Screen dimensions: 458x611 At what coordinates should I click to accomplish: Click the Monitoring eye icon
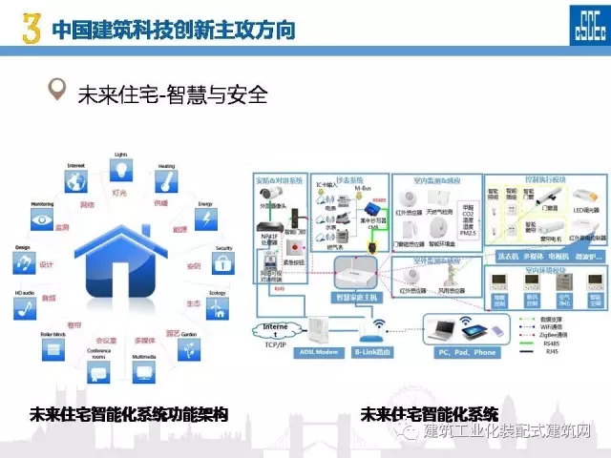42,219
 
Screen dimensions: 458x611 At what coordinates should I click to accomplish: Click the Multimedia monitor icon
144,372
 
